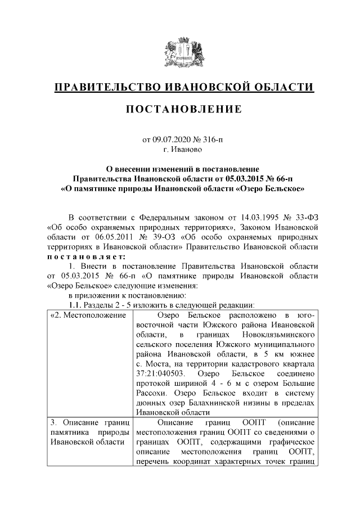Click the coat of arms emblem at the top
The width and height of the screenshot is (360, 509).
pyautogui.click(x=180, y=51)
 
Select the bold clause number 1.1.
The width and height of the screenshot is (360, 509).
pyautogui.click(x=75, y=304)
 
